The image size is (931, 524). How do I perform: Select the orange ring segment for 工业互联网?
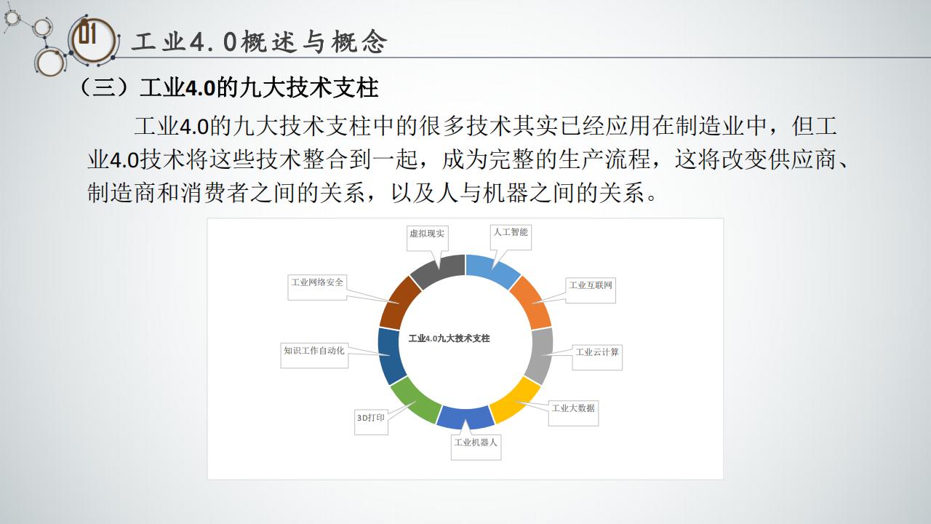532,302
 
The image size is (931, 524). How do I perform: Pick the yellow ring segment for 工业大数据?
516,400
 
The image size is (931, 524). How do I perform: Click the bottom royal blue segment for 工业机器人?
465,417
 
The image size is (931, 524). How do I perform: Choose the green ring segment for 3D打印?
415,400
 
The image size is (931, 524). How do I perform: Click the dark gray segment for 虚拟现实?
437,270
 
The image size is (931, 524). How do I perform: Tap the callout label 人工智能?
511,232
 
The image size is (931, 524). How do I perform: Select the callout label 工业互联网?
591,285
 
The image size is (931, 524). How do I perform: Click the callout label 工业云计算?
597,352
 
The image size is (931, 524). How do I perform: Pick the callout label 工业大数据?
573,408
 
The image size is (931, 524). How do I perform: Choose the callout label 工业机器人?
476,442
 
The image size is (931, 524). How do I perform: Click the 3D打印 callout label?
371,417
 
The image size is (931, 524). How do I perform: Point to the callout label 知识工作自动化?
314,351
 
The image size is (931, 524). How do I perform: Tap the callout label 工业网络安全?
317,282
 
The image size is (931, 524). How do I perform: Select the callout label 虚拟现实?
427,234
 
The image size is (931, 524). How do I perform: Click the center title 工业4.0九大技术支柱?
449,338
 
